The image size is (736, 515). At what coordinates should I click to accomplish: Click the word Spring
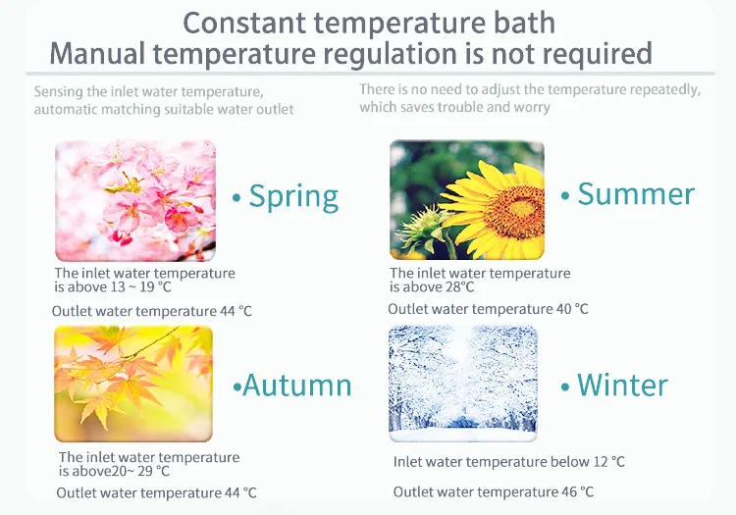click(x=293, y=197)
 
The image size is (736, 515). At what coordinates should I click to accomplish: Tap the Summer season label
click(x=636, y=193)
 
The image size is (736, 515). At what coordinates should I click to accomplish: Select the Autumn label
click(x=297, y=386)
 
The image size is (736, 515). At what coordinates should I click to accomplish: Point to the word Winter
click(x=622, y=386)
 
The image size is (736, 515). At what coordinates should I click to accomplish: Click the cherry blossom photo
click(x=135, y=200)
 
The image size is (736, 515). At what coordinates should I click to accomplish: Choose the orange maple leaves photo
click(x=133, y=384)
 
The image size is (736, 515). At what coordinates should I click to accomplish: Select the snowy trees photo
click(x=463, y=384)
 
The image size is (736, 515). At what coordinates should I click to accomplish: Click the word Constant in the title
click(x=243, y=23)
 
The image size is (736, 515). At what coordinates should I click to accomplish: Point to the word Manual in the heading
click(x=97, y=53)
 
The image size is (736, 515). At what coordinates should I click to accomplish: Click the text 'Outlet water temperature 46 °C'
click(x=494, y=492)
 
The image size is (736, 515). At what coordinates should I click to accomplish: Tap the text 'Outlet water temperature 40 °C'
click(x=488, y=309)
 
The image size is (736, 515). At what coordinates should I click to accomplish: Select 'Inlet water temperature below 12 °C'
click(x=508, y=462)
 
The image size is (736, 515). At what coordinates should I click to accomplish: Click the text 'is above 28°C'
click(x=432, y=287)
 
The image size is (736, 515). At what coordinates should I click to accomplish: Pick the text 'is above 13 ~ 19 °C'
click(x=113, y=287)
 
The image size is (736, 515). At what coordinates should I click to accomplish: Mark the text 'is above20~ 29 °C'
click(x=114, y=471)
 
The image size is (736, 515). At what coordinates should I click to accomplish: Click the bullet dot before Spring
click(x=237, y=198)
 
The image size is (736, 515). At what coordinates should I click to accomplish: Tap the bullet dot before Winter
click(x=565, y=386)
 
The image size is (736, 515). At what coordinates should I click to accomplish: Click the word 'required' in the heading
click(x=597, y=54)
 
